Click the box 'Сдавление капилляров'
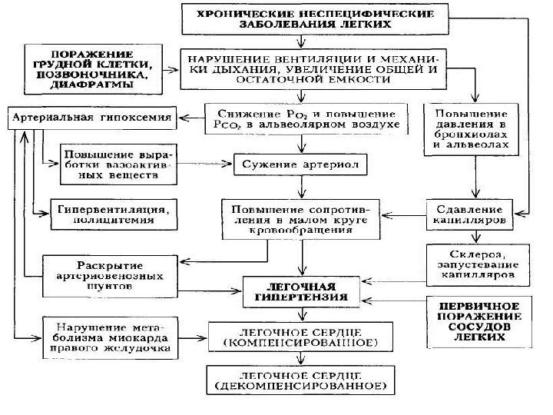click(464, 214)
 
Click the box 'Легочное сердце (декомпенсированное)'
click(302, 376)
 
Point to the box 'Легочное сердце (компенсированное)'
click(302, 334)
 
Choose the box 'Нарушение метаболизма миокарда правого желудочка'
click(110, 337)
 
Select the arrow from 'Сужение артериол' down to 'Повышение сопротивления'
click(302, 186)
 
